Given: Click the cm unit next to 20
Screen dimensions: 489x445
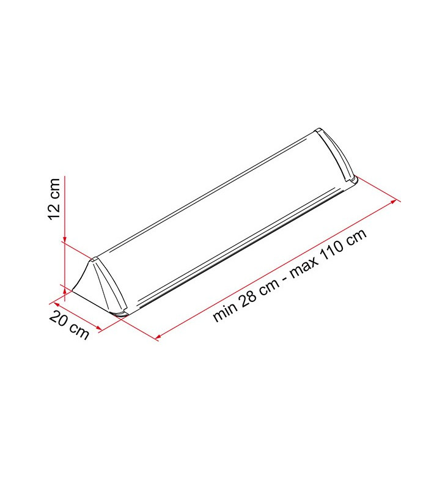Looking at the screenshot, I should click(79, 331).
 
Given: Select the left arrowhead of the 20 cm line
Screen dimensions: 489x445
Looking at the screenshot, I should click(58, 300).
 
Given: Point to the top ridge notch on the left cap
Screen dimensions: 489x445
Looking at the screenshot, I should click(94, 260).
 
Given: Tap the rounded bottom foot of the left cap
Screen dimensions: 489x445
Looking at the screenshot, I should click(120, 314).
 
